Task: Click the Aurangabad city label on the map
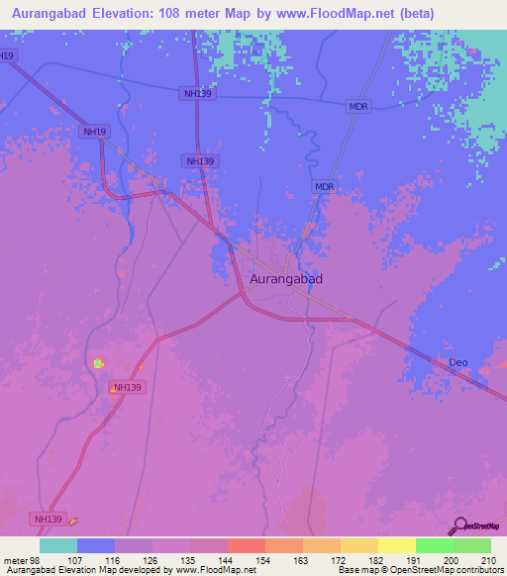[x=285, y=279]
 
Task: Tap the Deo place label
[x=457, y=362]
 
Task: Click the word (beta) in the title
[x=414, y=14]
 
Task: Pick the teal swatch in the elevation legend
[x=58, y=545]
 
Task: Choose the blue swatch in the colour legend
[x=96, y=545]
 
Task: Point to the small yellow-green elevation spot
[x=98, y=363]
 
